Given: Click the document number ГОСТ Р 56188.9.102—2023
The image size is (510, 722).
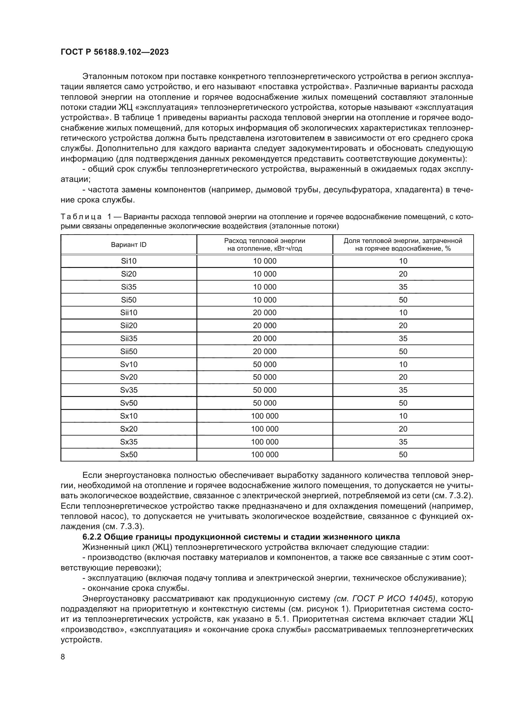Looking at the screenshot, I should (x=114, y=52).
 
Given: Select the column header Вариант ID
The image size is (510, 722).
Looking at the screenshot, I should (x=129, y=245).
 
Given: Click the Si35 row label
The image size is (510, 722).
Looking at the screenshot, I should (x=129, y=287).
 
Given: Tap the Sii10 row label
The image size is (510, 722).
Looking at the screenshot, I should (x=129, y=313).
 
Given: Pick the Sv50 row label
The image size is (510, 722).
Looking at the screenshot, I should (x=129, y=403).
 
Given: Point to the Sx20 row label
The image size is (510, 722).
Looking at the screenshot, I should (x=129, y=429).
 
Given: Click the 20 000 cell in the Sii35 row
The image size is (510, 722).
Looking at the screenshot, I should (x=265, y=338).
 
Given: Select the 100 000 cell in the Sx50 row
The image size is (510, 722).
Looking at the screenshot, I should (x=265, y=454).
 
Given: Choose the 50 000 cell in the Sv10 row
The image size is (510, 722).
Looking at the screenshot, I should (x=265, y=364).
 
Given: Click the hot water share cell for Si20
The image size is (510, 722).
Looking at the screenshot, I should (x=403, y=274).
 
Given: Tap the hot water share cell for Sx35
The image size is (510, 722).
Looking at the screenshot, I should (x=403, y=441).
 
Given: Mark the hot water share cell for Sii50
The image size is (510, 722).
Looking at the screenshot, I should (x=403, y=351).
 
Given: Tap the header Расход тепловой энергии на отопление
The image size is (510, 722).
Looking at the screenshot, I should (x=265, y=245).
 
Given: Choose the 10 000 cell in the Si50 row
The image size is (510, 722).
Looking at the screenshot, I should (x=265, y=300).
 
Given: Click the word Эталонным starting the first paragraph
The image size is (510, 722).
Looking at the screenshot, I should (x=104, y=77).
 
